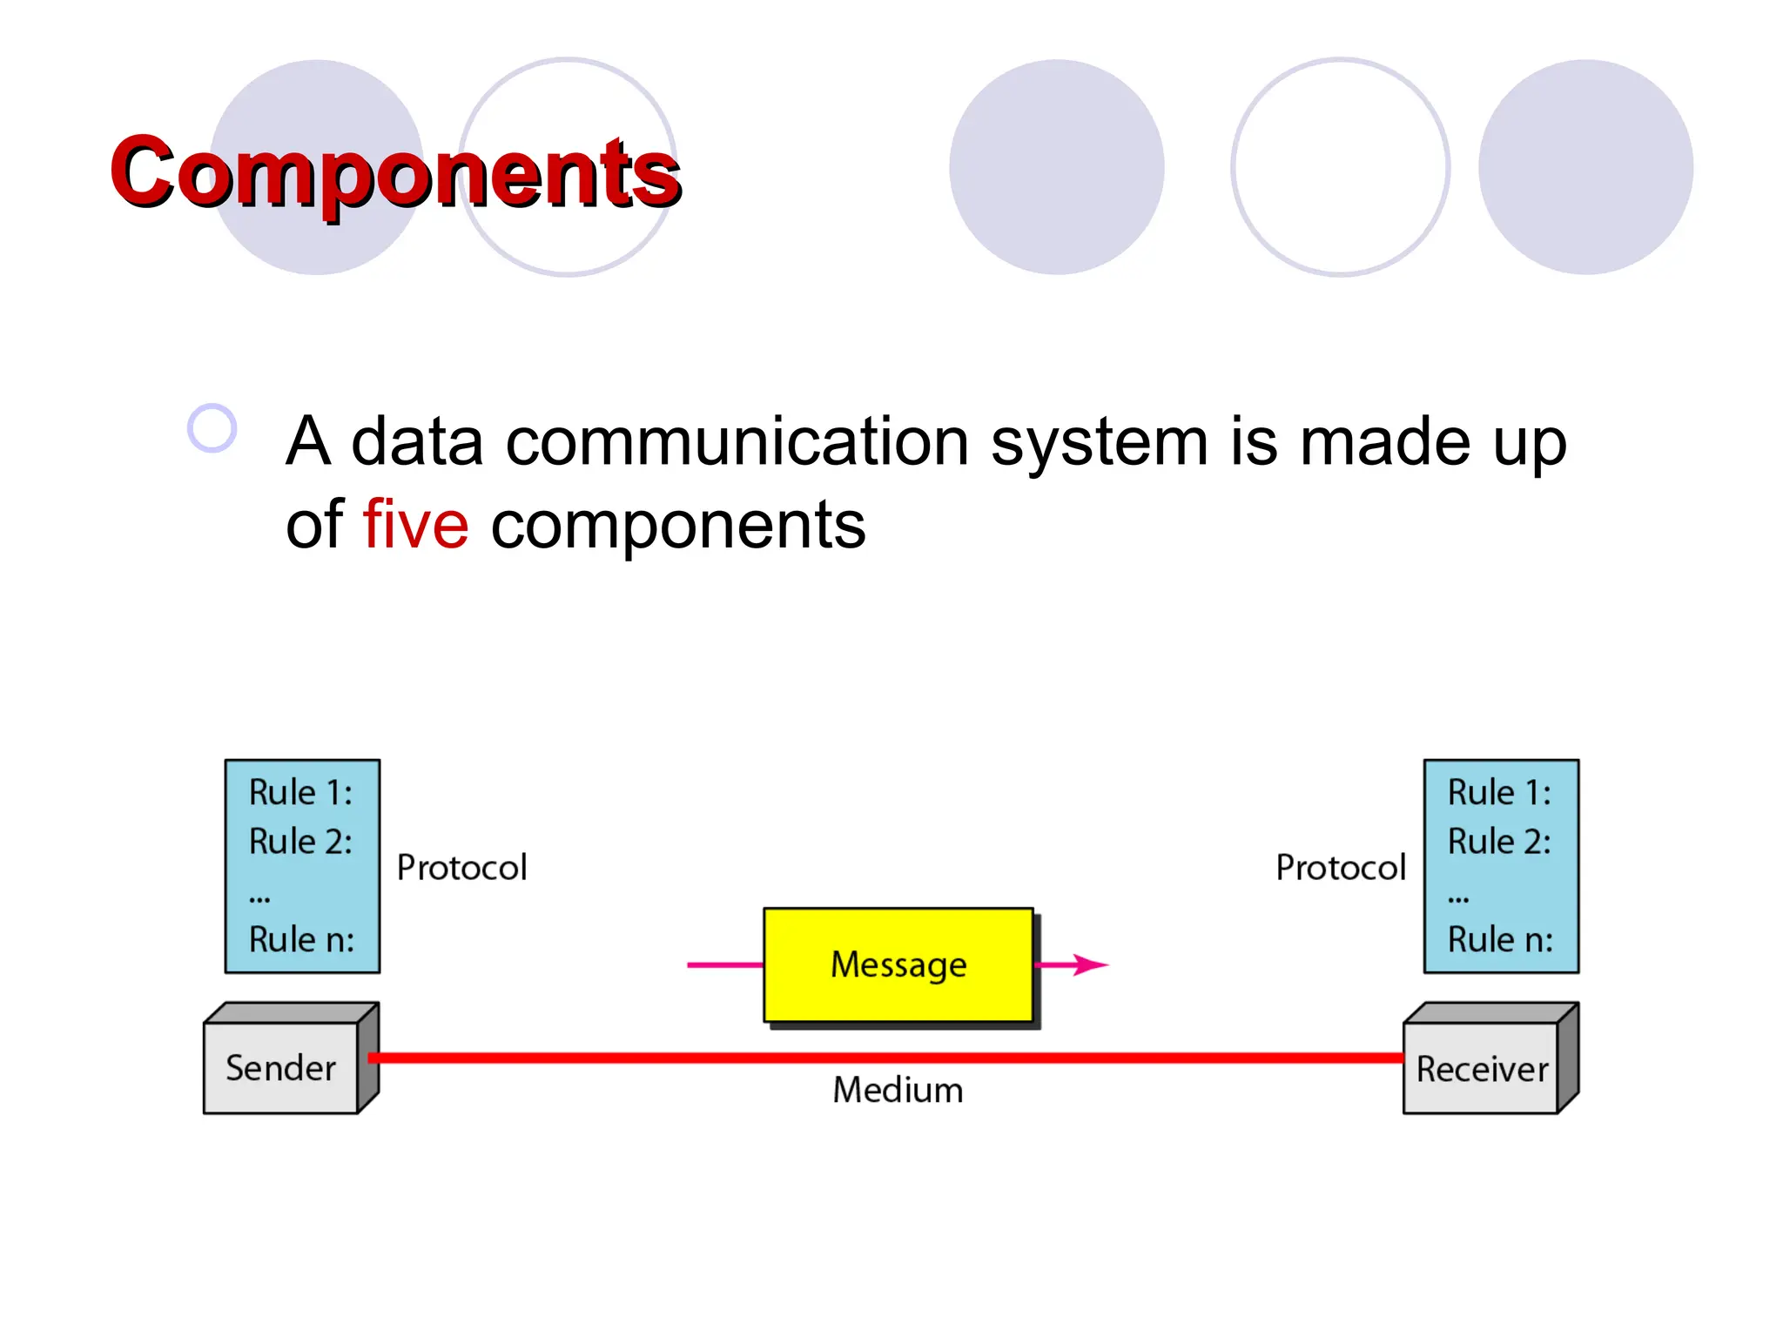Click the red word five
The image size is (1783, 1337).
(415, 525)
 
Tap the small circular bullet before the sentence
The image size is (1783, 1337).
(212, 428)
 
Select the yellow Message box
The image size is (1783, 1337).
(898, 964)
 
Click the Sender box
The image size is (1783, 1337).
(280, 1068)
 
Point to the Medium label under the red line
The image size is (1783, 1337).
(898, 1090)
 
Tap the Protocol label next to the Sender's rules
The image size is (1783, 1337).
(461, 868)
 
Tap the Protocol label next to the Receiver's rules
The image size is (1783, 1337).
(1340, 868)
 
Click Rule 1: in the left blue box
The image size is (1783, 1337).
(300, 793)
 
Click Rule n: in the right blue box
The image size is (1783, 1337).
(1499, 940)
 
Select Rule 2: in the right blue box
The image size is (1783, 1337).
(1499, 842)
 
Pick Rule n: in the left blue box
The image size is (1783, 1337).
(301, 940)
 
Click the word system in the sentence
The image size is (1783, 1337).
(1099, 442)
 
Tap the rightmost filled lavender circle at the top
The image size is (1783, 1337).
(1585, 167)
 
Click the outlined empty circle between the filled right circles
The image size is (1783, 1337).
(1340, 167)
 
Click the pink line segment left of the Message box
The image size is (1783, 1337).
(724, 964)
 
